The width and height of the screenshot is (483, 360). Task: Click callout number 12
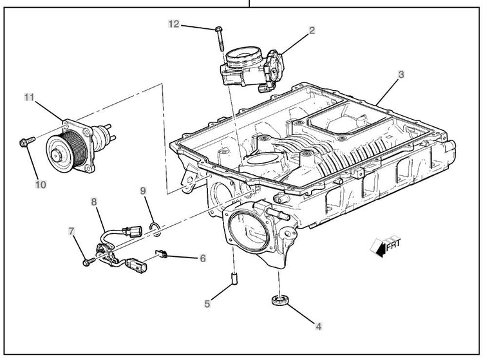(174, 24)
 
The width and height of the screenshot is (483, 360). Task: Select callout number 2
(311, 30)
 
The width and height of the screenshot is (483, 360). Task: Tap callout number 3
(401, 75)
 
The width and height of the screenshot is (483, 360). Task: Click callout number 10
(41, 184)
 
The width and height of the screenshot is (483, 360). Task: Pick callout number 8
(94, 202)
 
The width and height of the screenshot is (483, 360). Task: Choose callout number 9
(143, 191)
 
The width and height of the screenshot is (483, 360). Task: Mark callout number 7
(71, 231)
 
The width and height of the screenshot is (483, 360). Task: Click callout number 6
(202, 258)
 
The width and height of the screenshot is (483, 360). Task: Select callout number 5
(207, 304)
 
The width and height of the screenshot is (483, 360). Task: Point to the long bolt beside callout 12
(220, 39)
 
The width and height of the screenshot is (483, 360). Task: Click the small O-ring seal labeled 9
(155, 225)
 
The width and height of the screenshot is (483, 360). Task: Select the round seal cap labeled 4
(279, 299)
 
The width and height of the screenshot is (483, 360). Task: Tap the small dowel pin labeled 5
(234, 279)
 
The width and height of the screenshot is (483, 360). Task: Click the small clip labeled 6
(163, 254)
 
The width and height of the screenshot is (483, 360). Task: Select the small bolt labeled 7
(87, 261)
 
